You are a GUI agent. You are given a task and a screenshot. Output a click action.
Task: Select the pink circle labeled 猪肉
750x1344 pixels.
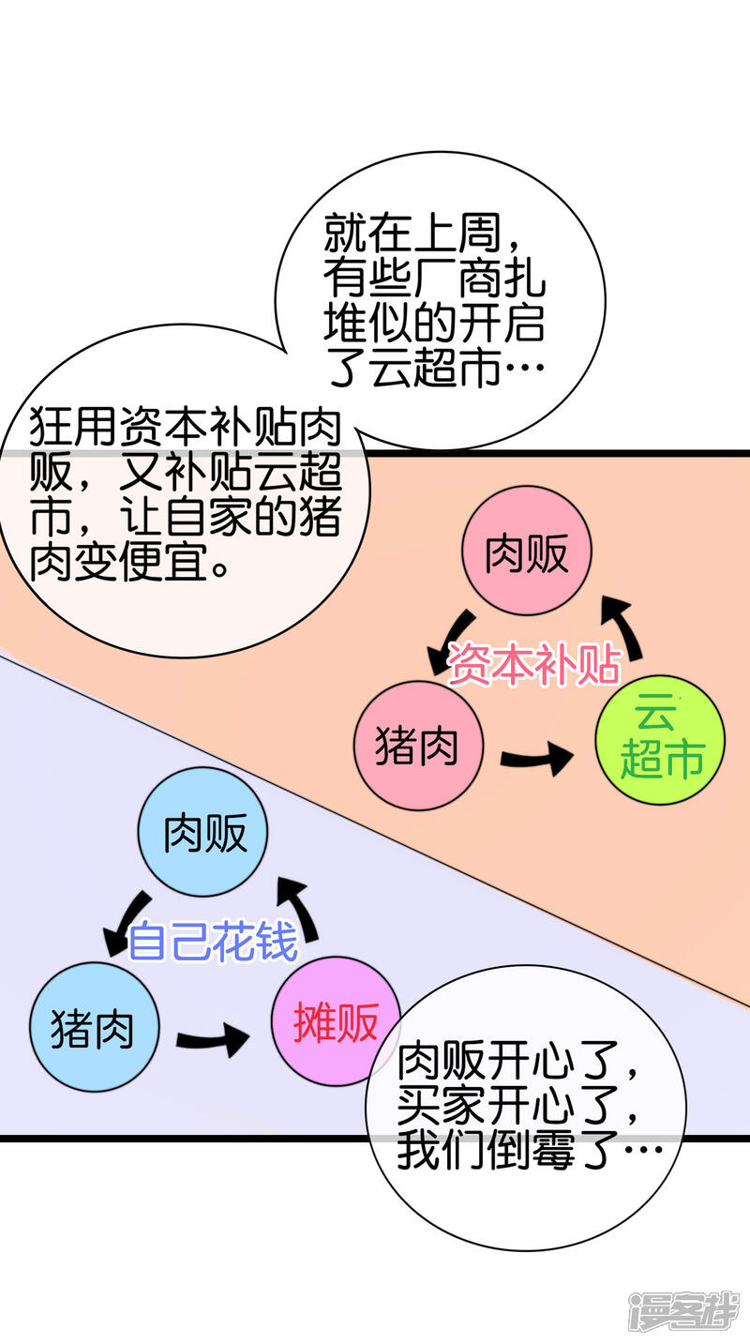click(418, 747)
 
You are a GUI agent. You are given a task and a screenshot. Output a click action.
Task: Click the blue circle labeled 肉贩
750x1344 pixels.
click(203, 832)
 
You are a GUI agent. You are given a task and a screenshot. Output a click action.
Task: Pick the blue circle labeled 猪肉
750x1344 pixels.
click(94, 1027)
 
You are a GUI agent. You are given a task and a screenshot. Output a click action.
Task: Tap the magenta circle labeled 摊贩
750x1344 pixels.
click(335, 1021)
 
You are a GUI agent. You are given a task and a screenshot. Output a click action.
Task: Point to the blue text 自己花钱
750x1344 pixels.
click(213, 941)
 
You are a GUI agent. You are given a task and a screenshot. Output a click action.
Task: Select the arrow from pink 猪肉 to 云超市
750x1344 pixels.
click(535, 756)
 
